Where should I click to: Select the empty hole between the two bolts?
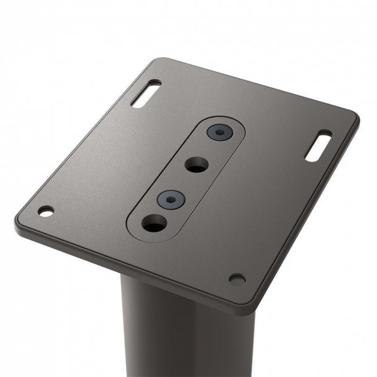pyautogui.click(x=197, y=164)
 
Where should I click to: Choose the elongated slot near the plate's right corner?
pyautogui.click(x=318, y=145)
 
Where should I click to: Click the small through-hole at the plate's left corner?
pyautogui.click(x=46, y=211)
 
